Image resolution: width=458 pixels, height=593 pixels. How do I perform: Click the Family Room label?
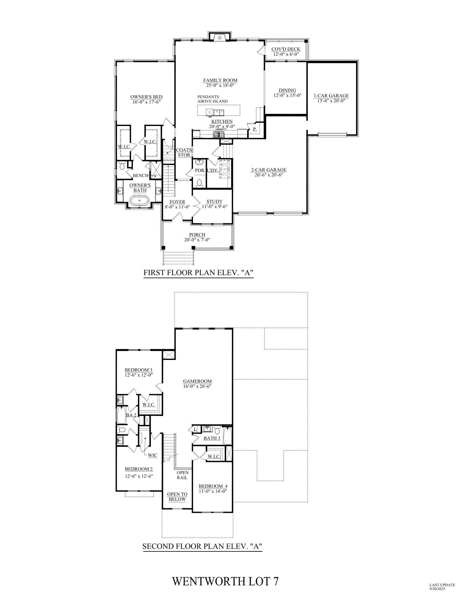[220, 80]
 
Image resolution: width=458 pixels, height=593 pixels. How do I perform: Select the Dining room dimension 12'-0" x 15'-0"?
[287, 95]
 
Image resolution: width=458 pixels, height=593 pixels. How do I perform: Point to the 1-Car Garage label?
[331, 96]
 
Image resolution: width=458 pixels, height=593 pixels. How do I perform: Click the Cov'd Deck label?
[286, 49]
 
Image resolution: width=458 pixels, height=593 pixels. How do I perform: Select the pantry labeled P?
[255, 129]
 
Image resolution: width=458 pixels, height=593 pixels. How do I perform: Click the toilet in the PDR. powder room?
[200, 182]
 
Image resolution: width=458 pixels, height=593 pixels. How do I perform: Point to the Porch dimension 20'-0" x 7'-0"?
[197, 240]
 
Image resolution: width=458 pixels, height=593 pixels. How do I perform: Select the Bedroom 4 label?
[213, 486]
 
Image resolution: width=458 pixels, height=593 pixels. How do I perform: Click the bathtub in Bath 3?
[227, 436]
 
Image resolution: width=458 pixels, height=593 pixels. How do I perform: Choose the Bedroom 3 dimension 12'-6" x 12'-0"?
[138, 375]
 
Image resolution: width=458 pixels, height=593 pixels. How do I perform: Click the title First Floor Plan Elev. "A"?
[198, 273]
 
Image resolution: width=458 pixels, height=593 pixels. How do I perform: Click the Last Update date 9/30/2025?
[438, 589]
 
